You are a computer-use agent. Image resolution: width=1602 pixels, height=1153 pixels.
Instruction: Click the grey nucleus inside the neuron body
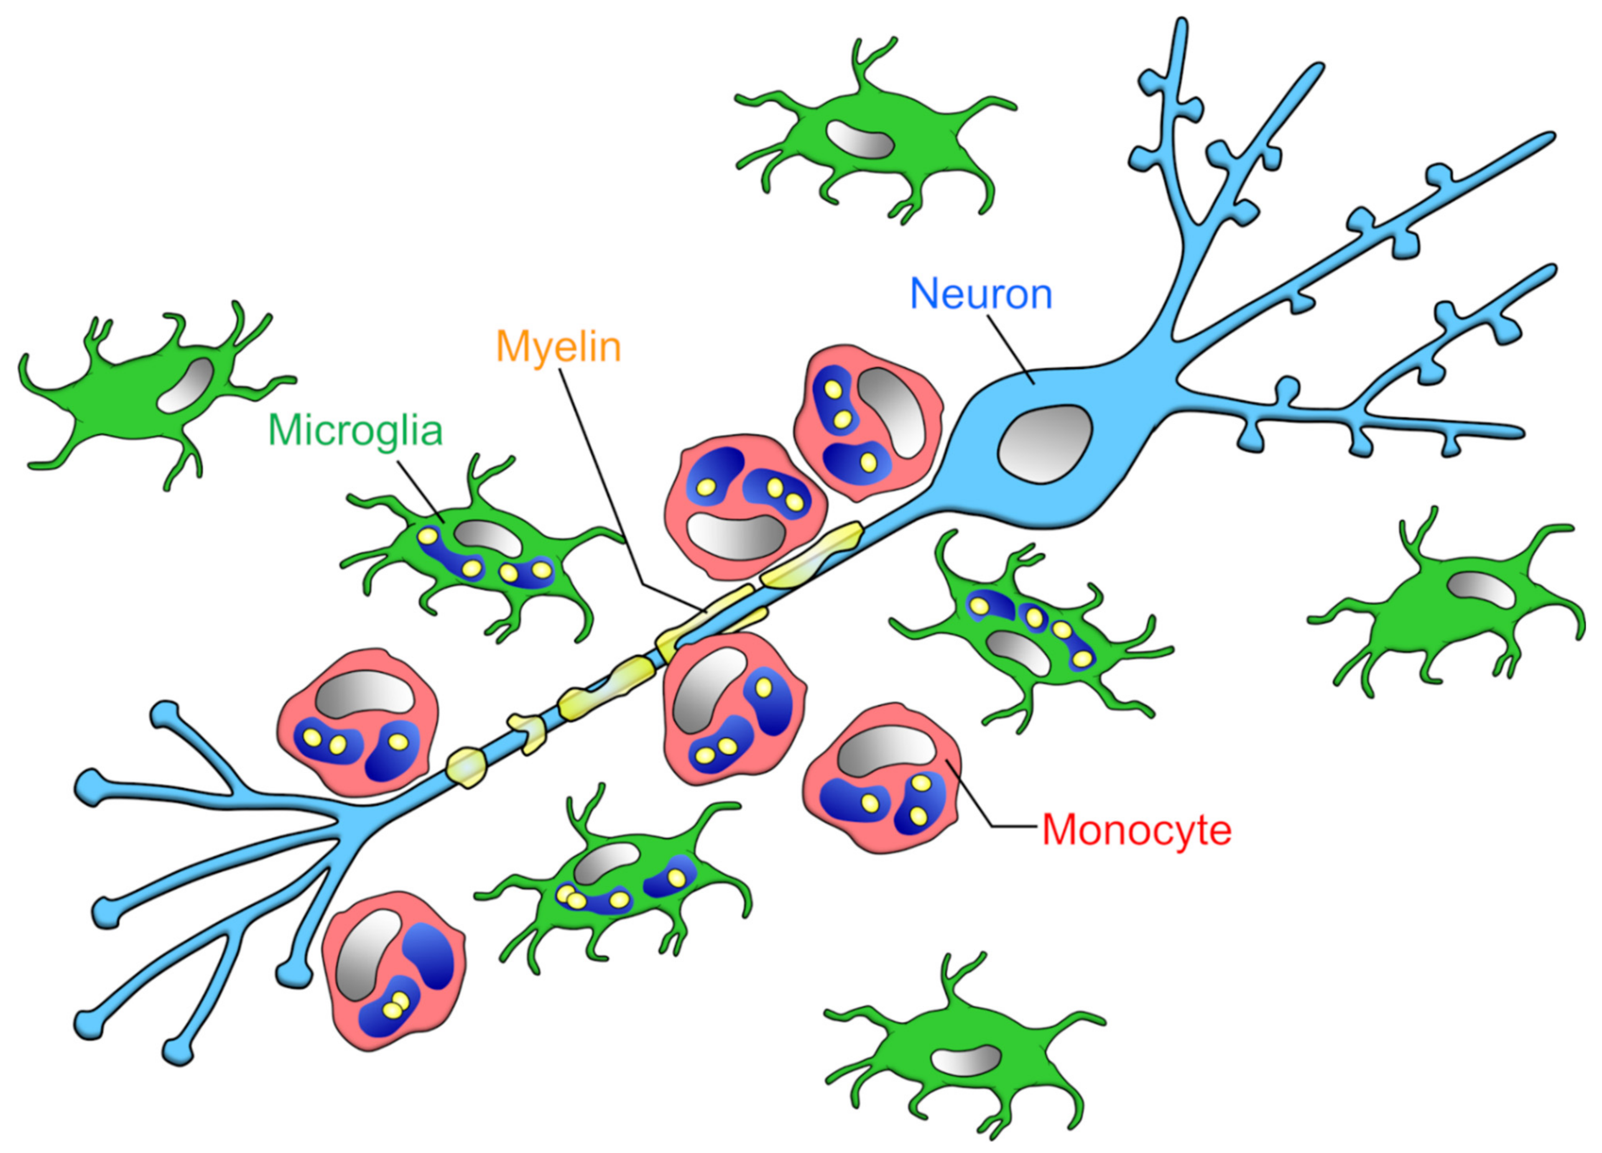tap(1046, 444)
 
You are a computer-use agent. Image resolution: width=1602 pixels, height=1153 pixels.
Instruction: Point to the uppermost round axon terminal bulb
tap(165, 714)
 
